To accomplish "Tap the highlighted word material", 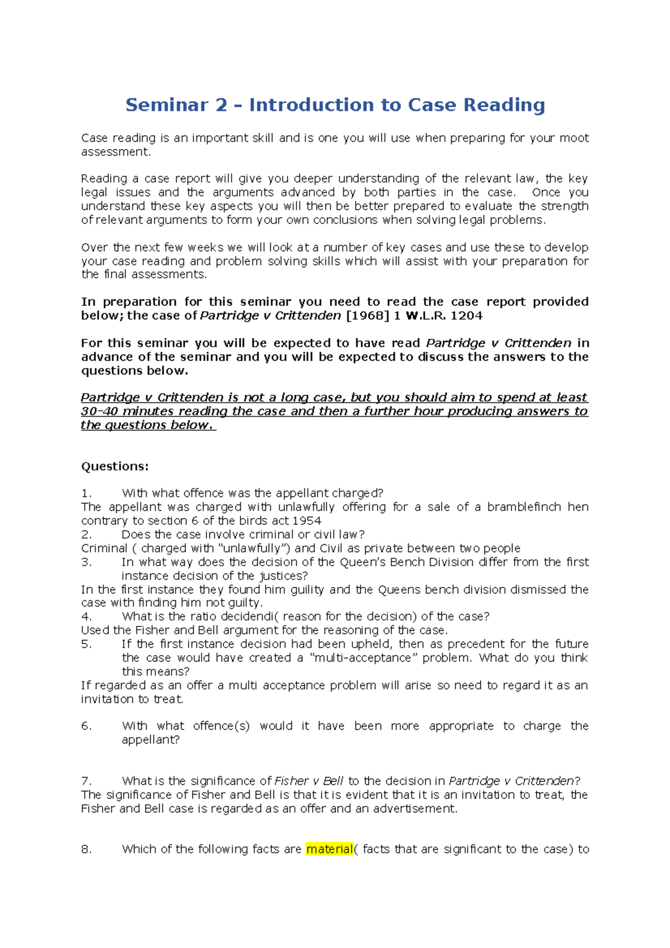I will pyautogui.click(x=329, y=849).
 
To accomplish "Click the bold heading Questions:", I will pyautogui.click(x=115, y=466).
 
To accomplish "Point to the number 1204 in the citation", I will pyautogui.click(x=466, y=315).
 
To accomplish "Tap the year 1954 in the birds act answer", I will pyautogui.click(x=307, y=521).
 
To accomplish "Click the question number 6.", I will pyautogui.click(x=86, y=726).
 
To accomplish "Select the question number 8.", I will pyautogui.click(x=86, y=849).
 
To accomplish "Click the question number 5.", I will pyautogui.click(x=86, y=644).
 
